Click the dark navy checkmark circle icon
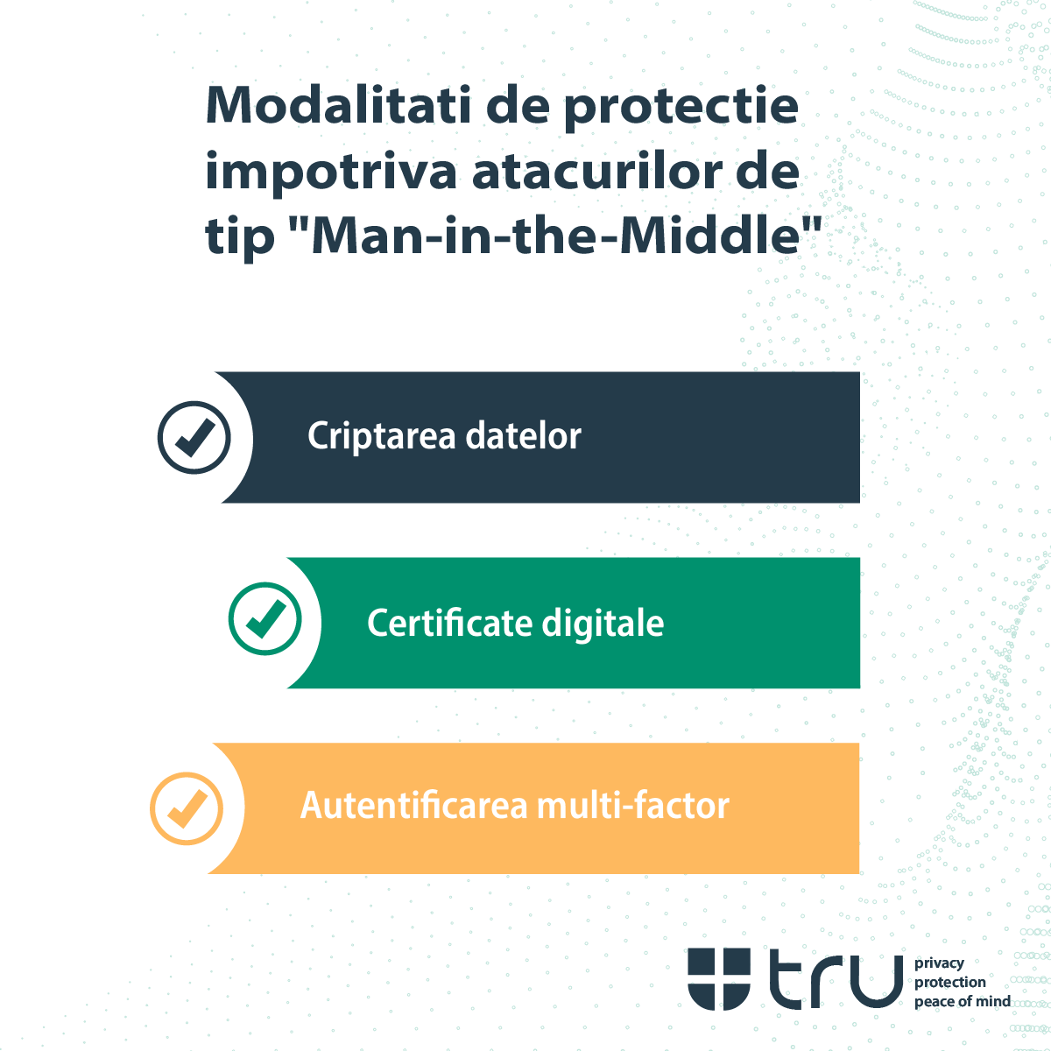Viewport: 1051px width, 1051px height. click(x=194, y=437)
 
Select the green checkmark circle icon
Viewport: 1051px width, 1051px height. click(x=265, y=618)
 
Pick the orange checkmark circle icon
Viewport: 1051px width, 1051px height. click(x=187, y=808)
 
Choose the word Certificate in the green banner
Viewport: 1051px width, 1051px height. click(x=449, y=623)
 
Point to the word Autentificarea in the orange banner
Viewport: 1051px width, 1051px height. click(x=413, y=805)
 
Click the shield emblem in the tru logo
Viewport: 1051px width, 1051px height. click(x=719, y=978)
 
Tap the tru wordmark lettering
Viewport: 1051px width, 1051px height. click(x=836, y=978)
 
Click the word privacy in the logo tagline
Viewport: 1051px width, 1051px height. click(x=939, y=963)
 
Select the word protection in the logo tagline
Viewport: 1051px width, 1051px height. click(x=950, y=983)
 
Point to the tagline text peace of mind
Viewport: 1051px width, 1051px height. click(x=962, y=1002)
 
